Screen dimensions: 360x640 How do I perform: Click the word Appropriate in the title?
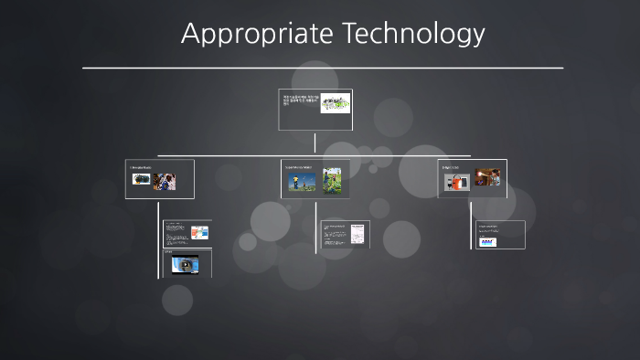coord(258,34)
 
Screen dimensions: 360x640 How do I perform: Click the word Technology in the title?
coord(413,33)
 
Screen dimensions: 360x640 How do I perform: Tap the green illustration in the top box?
coord(335,103)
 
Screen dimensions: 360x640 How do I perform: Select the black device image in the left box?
coord(141,181)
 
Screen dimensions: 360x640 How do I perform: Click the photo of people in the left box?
coord(165,181)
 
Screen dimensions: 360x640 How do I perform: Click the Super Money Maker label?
coord(298,167)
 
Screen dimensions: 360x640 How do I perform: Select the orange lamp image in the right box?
coord(457,182)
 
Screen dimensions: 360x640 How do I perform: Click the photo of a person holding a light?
coord(486,177)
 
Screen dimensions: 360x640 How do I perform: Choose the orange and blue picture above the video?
coord(199,232)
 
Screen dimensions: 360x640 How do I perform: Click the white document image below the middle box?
coord(357,234)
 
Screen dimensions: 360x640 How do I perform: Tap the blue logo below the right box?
coord(487,241)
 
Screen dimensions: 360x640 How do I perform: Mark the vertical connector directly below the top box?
coord(315,143)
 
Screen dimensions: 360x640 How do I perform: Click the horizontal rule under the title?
coord(322,68)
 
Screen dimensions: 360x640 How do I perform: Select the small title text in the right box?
coord(453,167)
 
